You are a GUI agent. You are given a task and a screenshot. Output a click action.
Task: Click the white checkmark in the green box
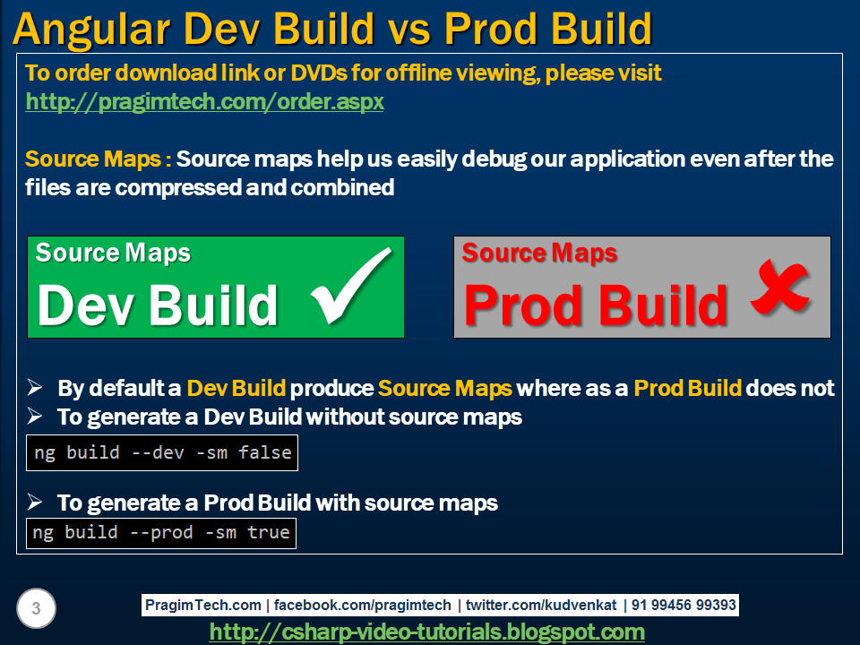pos(352,288)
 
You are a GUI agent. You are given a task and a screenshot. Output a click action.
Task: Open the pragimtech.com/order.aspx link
pos(204,102)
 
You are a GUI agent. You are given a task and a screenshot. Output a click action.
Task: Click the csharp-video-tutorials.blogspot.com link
pos(427,632)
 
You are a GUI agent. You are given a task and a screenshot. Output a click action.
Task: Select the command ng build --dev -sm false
pos(162,452)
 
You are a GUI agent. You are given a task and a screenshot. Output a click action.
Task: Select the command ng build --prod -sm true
pos(161,533)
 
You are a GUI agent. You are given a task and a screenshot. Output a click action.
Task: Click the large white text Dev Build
pos(158,305)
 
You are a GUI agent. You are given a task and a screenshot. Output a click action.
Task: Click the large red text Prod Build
pos(596,305)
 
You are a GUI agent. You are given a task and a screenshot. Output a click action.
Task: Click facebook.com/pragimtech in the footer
pos(362,606)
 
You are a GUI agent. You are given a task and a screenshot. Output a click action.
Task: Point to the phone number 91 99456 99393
pos(684,606)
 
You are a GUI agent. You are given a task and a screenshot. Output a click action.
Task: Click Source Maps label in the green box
pos(113,254)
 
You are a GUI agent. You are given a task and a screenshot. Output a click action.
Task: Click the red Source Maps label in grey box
pos(539,254)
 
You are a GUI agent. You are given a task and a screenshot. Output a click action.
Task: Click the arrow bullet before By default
pos(35,388)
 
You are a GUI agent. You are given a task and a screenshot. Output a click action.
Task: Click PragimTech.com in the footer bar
pos(203,606)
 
